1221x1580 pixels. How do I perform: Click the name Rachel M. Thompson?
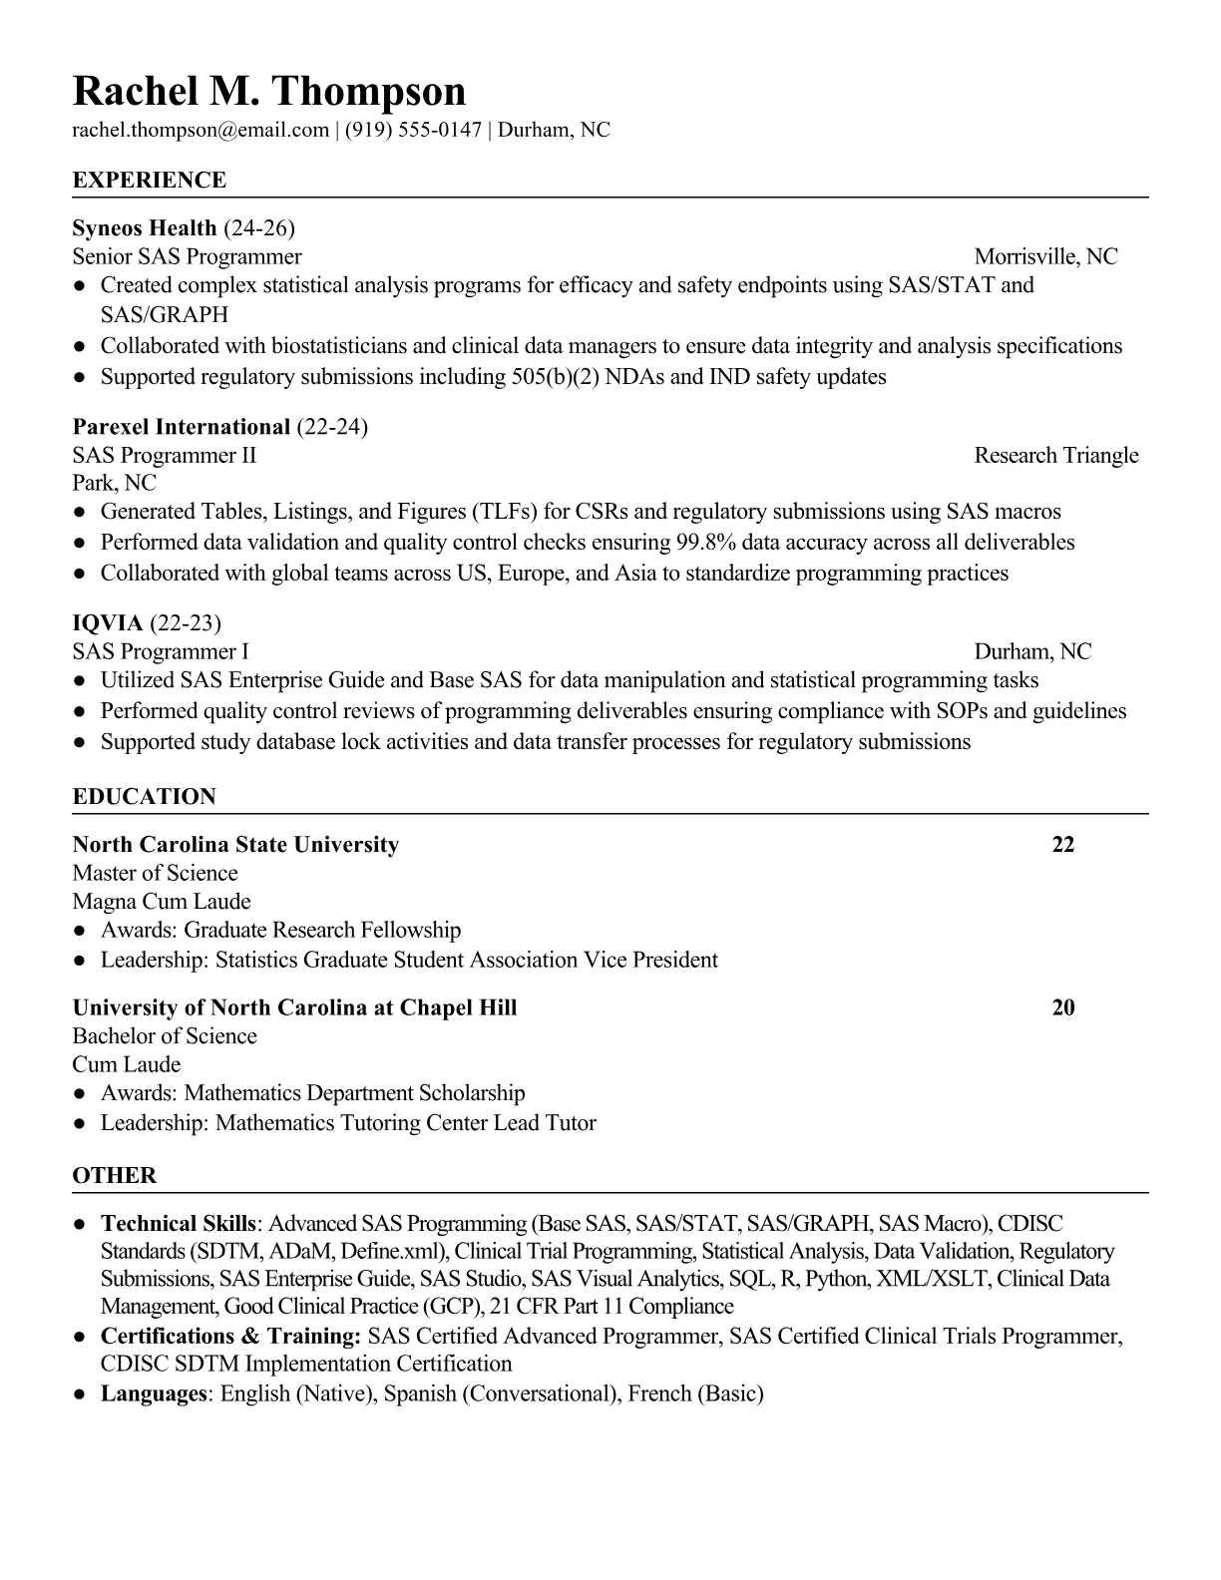[269, 91]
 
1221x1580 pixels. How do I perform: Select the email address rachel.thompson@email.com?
[201, 130]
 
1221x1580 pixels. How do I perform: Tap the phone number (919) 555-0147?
[413, 130]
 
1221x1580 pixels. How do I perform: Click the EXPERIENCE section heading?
[150, 181]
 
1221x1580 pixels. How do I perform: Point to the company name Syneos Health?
[145, 228]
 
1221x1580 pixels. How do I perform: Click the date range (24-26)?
[259, 228]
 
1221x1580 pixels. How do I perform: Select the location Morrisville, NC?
[1045, 257]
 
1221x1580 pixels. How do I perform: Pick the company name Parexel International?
[182, 427]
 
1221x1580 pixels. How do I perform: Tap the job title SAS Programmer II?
[165, 456]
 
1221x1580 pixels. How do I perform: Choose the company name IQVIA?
[108, 623]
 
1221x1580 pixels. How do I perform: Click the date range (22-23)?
[185, 623]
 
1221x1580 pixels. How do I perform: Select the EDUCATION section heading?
[145, 797]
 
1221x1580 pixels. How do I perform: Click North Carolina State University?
[235, 845]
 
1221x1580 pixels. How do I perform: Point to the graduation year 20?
[1063, 1007]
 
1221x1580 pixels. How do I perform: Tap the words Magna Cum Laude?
[162, 902]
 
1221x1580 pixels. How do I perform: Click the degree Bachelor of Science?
[165, 1036]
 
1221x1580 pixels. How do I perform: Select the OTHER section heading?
[115, 1176]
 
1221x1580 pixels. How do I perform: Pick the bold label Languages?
[153, 1393]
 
